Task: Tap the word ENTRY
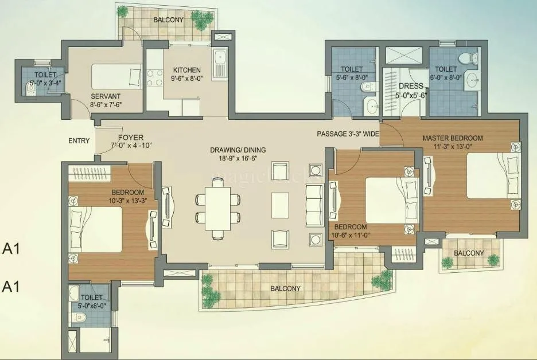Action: point(79,141)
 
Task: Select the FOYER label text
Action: point(131,138)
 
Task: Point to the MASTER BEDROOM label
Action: point(453,138)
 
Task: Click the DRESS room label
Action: point(411,86)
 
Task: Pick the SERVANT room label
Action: point(104,96)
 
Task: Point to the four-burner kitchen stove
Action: point(154,77)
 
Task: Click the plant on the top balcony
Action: point(201,21)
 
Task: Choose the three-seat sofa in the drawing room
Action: point(314,206)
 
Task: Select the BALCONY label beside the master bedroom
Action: point(469,253)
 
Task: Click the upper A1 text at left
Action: point(11,249)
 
